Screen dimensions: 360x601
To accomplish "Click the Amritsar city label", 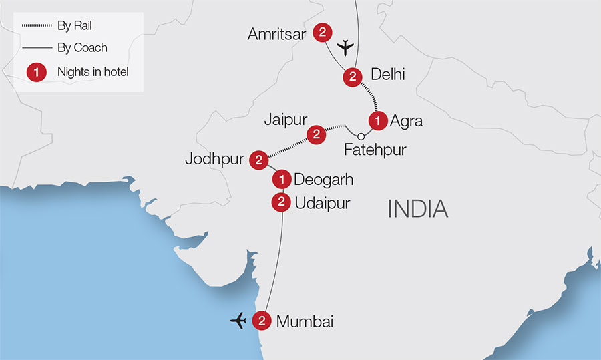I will (276, 33).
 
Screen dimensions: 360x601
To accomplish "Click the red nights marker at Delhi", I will (352, 77).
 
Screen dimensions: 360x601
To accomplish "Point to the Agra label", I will (407, 121).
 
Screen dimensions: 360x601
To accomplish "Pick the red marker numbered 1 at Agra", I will (378, 121).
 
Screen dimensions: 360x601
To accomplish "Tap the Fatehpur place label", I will (375, 150).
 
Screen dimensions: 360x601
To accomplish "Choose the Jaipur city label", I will (285, 120).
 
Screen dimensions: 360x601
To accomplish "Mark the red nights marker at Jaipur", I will (316, 135).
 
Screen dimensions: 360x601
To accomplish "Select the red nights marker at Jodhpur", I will (258, 160).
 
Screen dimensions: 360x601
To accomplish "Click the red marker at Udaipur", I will (281, 202).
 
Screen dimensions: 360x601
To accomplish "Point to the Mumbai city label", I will (305, 321).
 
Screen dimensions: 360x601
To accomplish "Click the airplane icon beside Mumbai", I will (238, 321).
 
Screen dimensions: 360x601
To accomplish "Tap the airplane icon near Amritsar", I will (345, 47).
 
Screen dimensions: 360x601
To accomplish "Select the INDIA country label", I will (418, 209).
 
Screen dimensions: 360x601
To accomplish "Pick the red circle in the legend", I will (36, 71).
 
